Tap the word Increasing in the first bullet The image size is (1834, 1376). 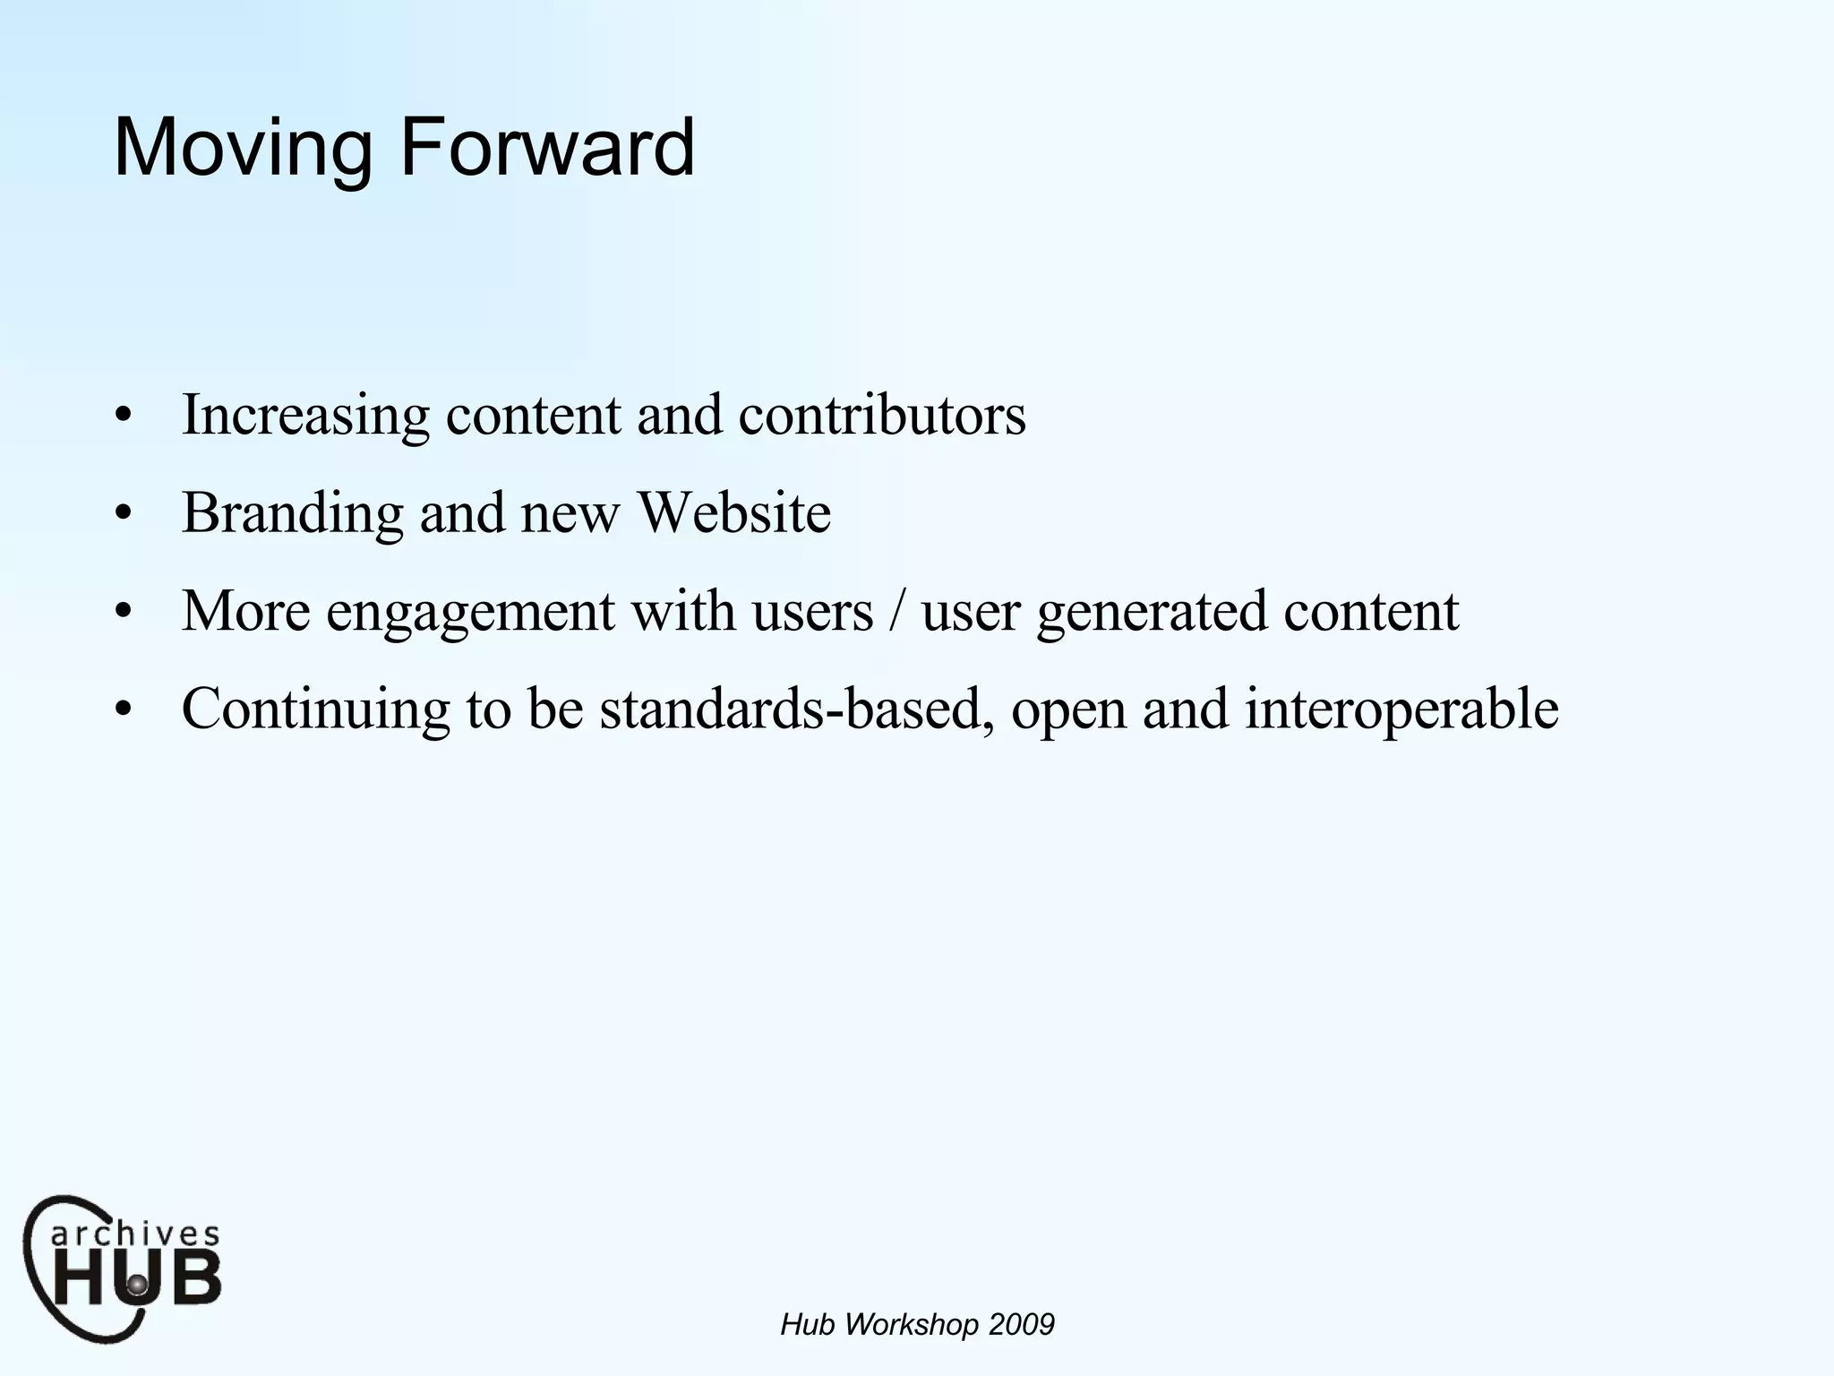pos(305,416)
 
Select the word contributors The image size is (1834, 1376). pos(882,415)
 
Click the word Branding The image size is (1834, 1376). pos(293,513)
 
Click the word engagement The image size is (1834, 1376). pos(470,612)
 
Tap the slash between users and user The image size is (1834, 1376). pos(896,611)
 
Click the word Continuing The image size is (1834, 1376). pos(316,709)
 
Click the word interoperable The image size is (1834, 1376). pos(1401,709)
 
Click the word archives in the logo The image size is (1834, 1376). pos(134,1234)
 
